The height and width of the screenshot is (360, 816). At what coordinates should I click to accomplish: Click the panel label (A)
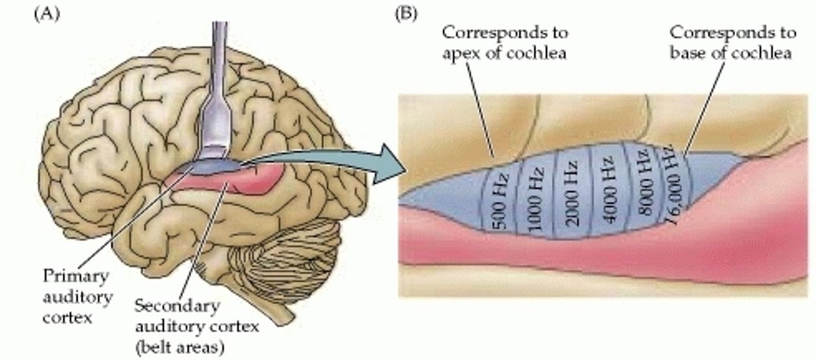click(47, 15)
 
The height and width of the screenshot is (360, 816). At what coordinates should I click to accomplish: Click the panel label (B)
click(406, 15)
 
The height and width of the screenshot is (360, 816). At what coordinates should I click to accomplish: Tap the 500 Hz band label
click(501, 202)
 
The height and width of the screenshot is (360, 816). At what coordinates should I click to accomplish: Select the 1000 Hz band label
click(535, 199)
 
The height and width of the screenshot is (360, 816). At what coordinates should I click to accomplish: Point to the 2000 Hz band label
click(572, 194)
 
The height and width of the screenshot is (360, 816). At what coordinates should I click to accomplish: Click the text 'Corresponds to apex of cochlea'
click(505, 43)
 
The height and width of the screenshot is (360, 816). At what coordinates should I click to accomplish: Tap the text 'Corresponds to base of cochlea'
click(733, 42)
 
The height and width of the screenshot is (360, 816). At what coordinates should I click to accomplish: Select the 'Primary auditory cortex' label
click(78, 297)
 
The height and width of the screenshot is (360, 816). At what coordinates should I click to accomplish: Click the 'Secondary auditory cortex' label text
click(197, 316)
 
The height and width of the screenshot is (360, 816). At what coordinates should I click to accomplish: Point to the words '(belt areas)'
click(179, 347)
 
